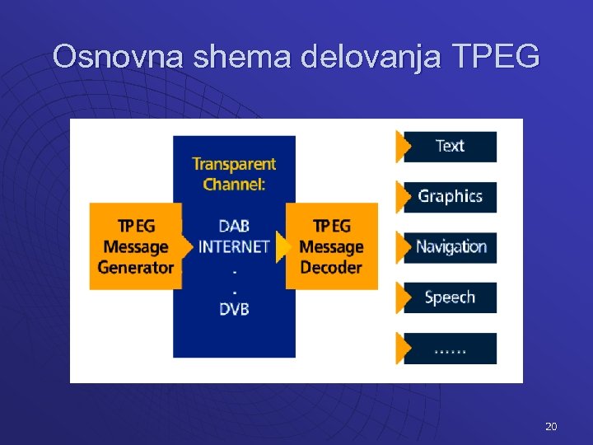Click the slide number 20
[x=551, y=426]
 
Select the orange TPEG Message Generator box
[x=135, y=246]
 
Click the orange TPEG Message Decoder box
[x=332, y=246]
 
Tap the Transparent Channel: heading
[x=234, y=174]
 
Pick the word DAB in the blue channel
[x=234, y=226]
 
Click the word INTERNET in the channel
[x=234, y=246]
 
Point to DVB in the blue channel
[x=234, y=309]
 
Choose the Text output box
[x=451, y=146]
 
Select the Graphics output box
[x=451, y=196]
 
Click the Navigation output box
[x=451, y=246]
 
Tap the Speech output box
[x=451, y=297]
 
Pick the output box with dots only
[x=451, y=349]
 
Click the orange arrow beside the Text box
[x=404, y=146]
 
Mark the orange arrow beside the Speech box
[x=404, y=297]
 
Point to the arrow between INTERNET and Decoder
[x=282, y=246]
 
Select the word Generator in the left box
[x=135, y=267]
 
